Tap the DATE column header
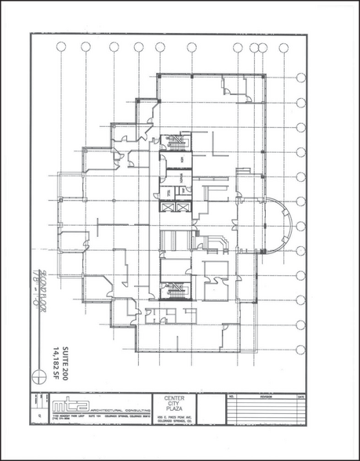pyautogui.click(x=300, y=397)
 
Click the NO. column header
pyautogui.click(x=232, y=397)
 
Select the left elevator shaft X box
pyautogui.click(x=167, y=207)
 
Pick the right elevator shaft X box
pyautogui.click(x=183, y=207)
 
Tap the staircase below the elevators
pyautogui.click(x=176, y=292)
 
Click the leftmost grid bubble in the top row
pyautogui.click(x=61, y=47)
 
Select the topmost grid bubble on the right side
pyautogui.click(x=301, y=78)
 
